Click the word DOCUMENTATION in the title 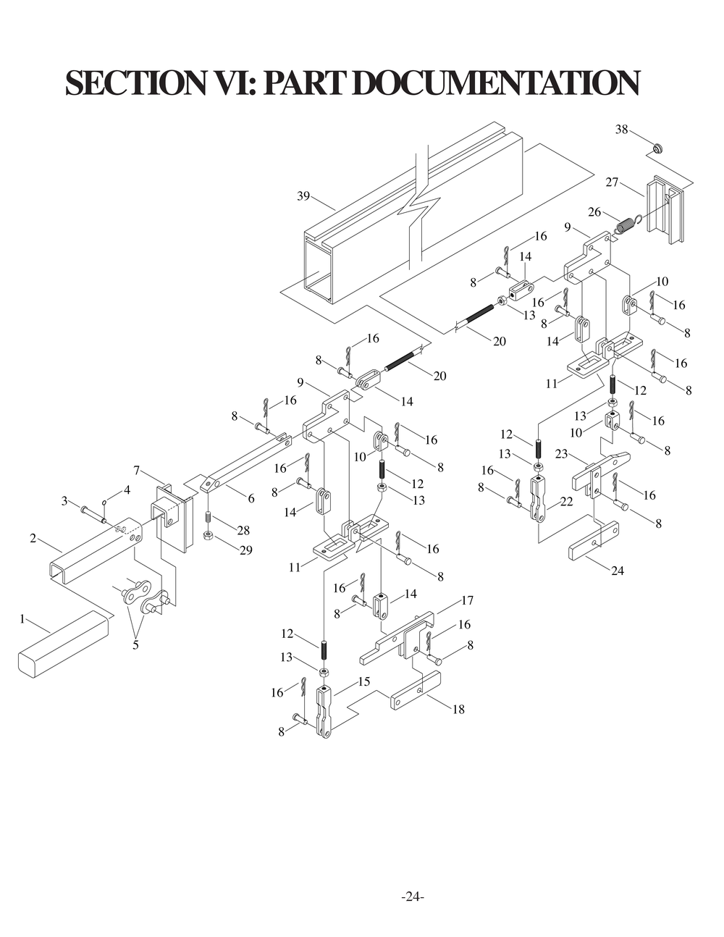497,83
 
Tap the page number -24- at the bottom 413,896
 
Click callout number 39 303,196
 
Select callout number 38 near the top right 621,130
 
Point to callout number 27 612,182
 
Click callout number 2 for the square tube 33,538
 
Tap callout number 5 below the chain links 135,644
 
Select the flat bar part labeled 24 594,542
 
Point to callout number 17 467,600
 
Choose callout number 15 363,681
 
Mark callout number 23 562,454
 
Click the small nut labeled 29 208,536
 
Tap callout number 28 243,531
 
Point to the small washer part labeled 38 658,149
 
